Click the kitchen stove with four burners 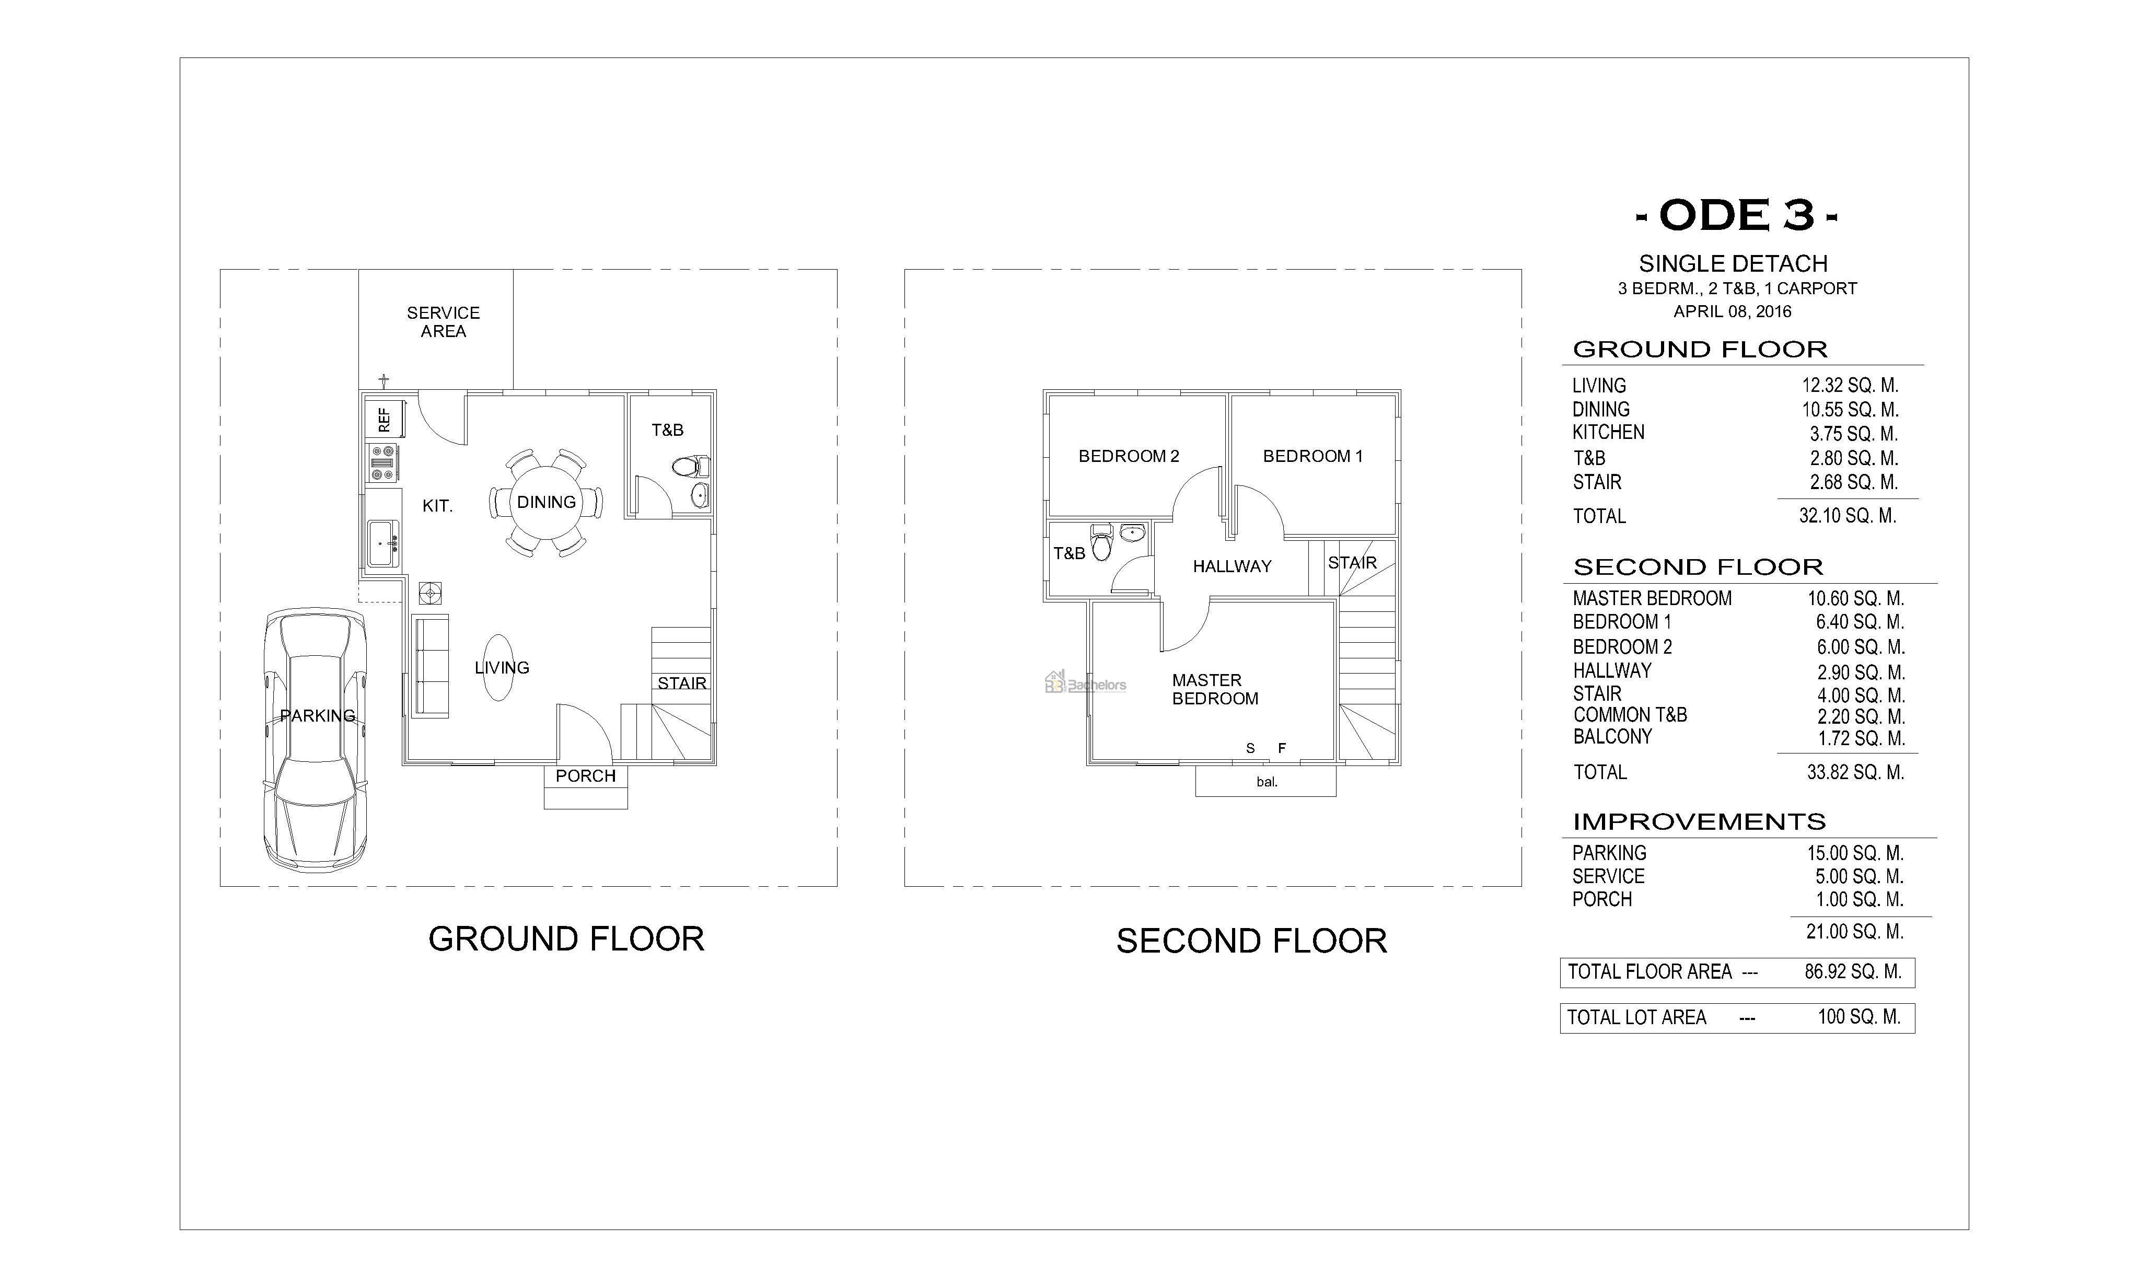tap(382, 462)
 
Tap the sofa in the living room tap(430, 666)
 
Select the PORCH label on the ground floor tap(585, 776)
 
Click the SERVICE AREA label tap(443, 322)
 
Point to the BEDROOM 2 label tap(1128, 456)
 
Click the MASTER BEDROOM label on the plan tap(1214, 689)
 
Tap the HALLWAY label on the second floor tap(1232, 566)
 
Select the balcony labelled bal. tap(1265, 781)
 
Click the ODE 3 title tap(1736, 215)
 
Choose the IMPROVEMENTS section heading tap(1699, 821)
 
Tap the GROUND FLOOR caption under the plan tap(566, 939)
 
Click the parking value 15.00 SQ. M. tap(1855, 853)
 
